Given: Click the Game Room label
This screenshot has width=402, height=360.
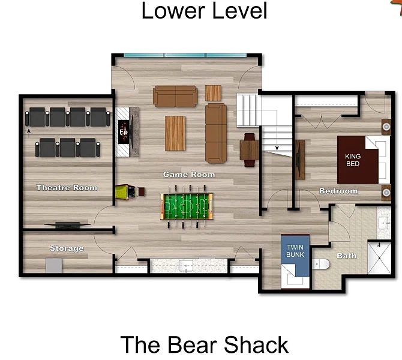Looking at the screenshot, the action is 189,175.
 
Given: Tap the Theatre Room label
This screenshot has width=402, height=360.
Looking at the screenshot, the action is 67,188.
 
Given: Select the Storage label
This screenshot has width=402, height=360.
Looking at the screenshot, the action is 67,248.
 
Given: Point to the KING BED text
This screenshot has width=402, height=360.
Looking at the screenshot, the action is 353,160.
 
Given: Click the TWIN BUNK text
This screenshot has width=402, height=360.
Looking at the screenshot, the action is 295,251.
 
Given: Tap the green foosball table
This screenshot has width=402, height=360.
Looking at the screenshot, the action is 187,206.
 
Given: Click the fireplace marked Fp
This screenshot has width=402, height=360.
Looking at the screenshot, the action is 124,132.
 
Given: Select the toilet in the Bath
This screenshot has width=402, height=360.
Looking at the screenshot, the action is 320,264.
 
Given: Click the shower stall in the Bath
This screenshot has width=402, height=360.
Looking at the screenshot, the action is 379,258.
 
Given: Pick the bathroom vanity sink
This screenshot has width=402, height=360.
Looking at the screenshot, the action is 384,223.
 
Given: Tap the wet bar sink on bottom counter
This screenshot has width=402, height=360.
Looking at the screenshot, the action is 186,266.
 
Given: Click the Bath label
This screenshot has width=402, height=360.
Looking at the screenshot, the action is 346,256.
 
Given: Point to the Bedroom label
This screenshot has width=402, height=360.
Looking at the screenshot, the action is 338,191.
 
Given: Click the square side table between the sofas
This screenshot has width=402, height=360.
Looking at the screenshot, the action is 213,93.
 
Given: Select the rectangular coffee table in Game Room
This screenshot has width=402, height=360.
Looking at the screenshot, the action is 175,133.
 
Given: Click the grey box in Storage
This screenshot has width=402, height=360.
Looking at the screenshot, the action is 54,265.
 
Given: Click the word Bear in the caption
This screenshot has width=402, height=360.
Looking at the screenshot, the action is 192,345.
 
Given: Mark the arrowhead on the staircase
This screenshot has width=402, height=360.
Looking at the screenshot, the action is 277,148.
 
